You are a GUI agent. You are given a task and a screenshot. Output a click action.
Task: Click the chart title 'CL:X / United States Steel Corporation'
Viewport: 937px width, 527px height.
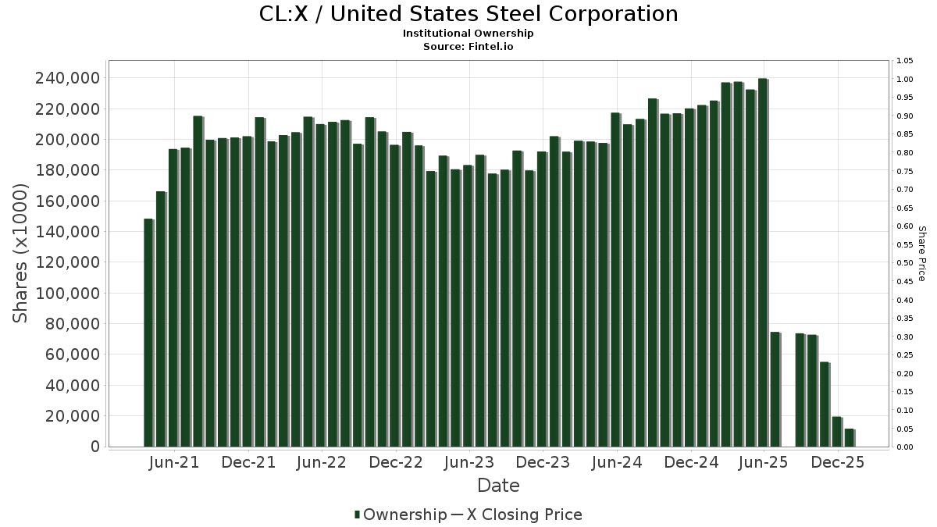tap(468, 14)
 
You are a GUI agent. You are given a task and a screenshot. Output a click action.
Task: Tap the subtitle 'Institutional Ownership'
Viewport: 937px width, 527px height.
tap(468, 34)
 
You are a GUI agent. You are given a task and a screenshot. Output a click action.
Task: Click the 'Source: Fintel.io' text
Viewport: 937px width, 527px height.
tap(468, 47)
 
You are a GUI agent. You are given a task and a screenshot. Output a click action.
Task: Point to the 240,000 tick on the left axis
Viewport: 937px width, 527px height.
tap(67, 78)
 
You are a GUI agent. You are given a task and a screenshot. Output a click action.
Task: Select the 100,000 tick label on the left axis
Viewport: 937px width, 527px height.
tap(67, 294)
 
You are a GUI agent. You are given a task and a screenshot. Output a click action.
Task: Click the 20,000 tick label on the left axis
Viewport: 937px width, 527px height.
tap(72, 416)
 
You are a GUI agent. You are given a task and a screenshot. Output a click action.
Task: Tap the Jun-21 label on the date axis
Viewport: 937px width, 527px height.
tap(173, 462)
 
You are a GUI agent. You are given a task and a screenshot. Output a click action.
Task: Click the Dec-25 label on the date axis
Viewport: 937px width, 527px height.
tap(837, 462)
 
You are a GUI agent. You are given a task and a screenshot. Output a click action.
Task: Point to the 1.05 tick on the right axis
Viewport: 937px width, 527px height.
tap(905, 61)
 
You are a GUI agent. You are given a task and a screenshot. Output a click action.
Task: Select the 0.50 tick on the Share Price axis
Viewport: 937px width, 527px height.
tap(905, 263)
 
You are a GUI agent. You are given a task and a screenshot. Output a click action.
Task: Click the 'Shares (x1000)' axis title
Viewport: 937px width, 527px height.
tap(21, 253)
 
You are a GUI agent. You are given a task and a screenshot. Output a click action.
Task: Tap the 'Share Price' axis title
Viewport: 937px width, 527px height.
tap(921, 253)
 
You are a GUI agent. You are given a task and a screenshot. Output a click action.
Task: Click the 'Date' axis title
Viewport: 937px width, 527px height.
tap(498, 486)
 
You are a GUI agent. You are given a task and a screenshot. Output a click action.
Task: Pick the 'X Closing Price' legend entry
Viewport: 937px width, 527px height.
tap(524, 515)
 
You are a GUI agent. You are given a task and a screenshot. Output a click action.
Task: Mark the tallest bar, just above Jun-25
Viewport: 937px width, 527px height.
tap(762, 262)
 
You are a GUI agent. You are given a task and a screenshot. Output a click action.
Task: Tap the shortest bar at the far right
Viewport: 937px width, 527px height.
tap(849, 438)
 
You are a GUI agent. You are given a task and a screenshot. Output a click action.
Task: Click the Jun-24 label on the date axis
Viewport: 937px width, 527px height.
tap(616, 462)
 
